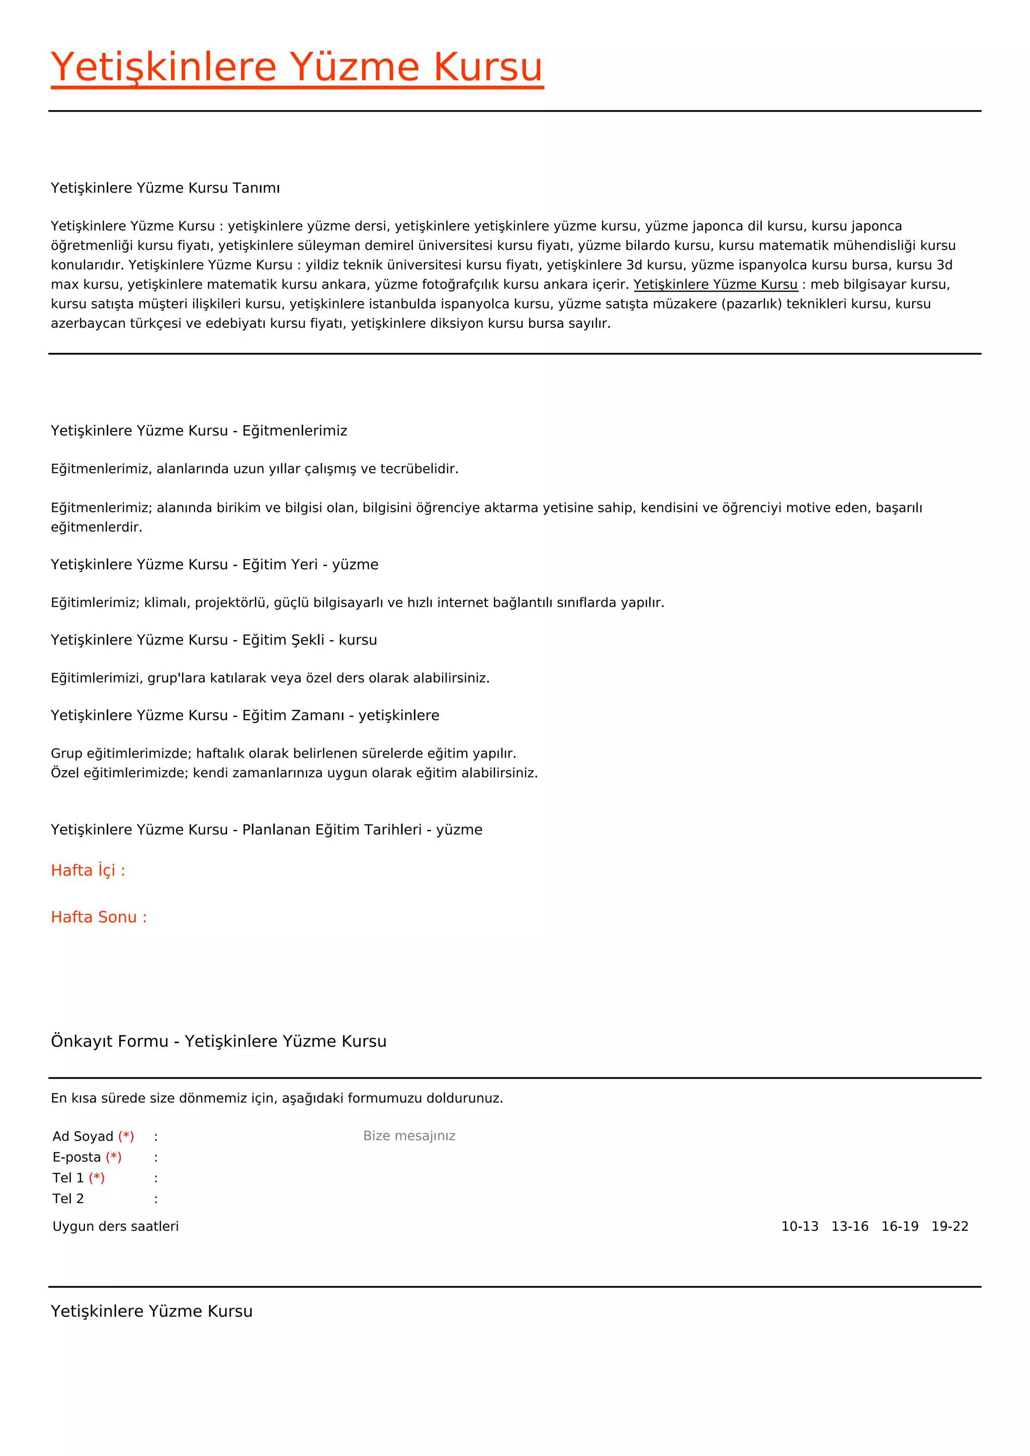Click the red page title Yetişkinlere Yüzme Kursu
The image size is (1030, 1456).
coord(297,67)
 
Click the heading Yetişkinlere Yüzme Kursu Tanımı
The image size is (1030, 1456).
coord(165,188)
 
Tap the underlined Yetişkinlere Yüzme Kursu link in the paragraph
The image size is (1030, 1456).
coord(716,284)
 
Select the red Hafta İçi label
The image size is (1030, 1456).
coord(88,870)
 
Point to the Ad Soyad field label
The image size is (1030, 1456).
coord(83,1136)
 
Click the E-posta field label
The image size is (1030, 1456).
coord(77,1157)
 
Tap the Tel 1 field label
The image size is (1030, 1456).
coord(68,1178)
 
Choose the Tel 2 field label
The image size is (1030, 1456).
coord(68,1199)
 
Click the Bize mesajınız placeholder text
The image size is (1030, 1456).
coord(409,1136)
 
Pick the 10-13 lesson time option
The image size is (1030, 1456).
coord(800,1226)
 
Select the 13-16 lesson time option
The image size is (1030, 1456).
coord(850,1226)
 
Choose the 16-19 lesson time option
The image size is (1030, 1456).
coord(900,1226)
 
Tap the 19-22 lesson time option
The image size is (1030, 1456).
coord(950,1226)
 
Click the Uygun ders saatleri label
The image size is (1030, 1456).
coord(116,1226)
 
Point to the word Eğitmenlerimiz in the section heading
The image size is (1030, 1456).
coord(295,430)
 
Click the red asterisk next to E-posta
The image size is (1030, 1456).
coord(114,1157)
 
